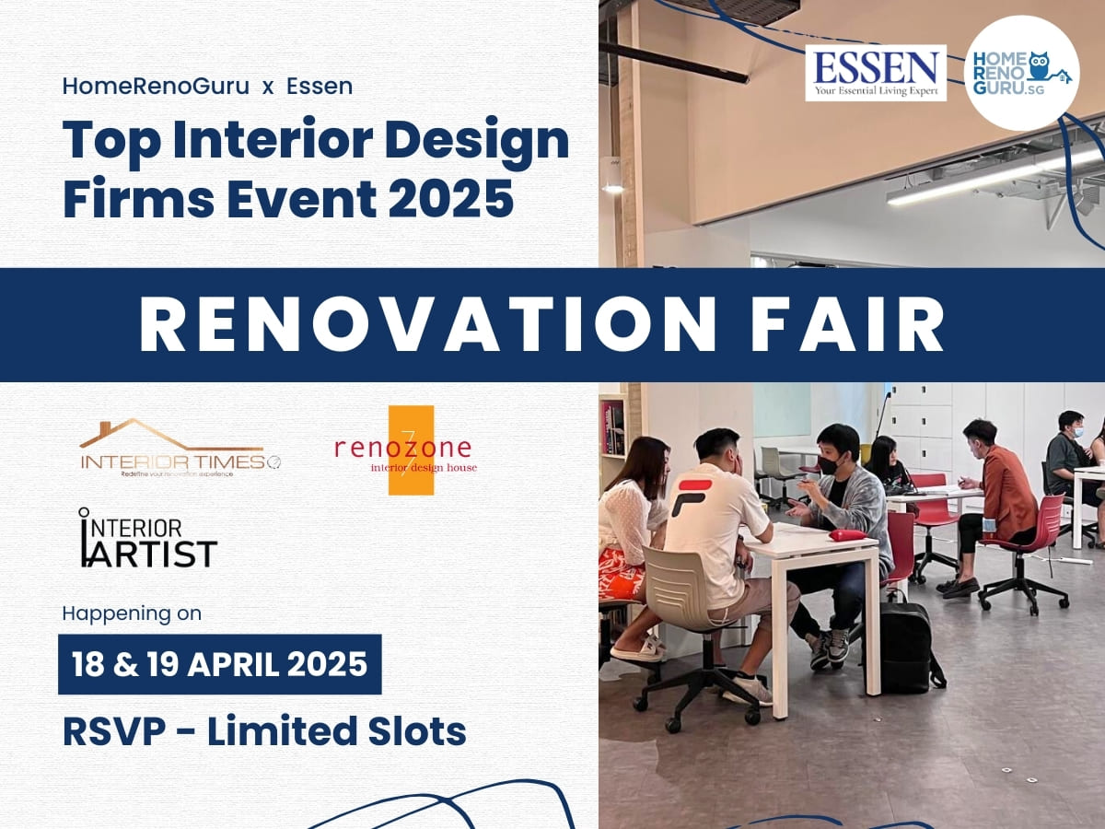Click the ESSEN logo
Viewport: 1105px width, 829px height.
(x=876, y=73)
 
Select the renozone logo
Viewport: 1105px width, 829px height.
(x=406, y=450)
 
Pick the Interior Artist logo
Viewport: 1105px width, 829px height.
(x=148, y=538)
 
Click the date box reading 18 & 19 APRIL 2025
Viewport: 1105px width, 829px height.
(x=220, y=664)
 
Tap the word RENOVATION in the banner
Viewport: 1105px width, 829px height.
(x=427, y=325)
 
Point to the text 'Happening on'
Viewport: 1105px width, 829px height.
(x=132, y=613)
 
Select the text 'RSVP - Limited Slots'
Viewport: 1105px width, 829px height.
(x=265, y=731)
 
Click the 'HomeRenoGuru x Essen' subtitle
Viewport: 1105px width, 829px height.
(x=207, y=86)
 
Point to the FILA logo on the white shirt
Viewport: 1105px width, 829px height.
(x=692, y=496)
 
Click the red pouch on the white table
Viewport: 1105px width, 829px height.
(x=848, y=534)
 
